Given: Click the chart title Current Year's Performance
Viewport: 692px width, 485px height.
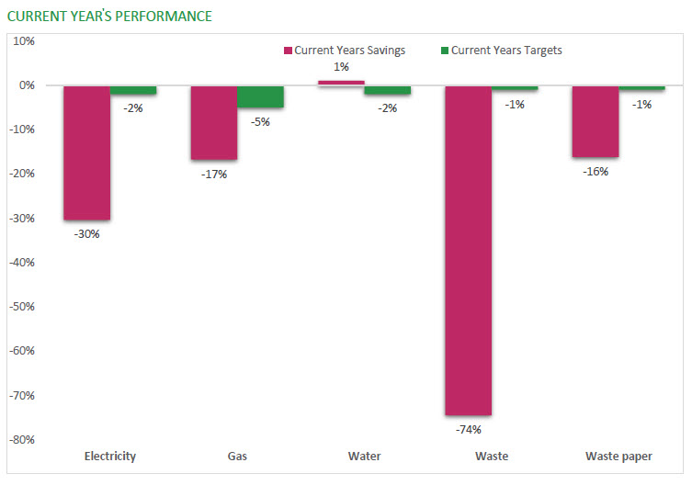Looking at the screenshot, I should pyautogui.click(x=109, y=17).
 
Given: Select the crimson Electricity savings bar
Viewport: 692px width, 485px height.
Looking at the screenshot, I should pyautogui.click(x=87, y=152).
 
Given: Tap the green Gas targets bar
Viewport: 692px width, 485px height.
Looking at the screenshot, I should pyautogui.click(x=260, y=96).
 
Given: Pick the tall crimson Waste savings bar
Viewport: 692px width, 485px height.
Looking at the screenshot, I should pyautogui.click(x=468, y=250).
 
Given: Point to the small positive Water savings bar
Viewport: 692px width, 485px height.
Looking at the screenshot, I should pyautogui.click(x=341, y=83).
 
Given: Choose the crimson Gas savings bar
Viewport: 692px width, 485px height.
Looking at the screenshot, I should pyautogui.click(x=214, y=122).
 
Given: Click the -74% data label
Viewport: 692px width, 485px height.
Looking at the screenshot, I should pyautogui.click(x=468, y=428).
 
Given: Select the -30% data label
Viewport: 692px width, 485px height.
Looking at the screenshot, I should pyautogui.click(x=87, y=233).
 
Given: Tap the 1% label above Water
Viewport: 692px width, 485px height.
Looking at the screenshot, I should pyautogui.click(x=341, y=67).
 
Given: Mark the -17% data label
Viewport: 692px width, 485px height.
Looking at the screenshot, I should pyautogui.click(x=214, y=174).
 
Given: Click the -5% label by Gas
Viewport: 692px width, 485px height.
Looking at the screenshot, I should pyautogui.click(x=260, y=121).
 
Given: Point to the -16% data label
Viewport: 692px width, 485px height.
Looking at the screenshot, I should pyautogui.click(x=596, y=171).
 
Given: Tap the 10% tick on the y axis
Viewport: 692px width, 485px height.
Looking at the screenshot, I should pyautogui.click(x=23, y=41).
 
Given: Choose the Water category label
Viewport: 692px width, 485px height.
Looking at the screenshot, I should pyautogui.click(x=364, y=456).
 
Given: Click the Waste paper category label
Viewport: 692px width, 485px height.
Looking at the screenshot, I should pyautogui.click(x=618, y=456).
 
